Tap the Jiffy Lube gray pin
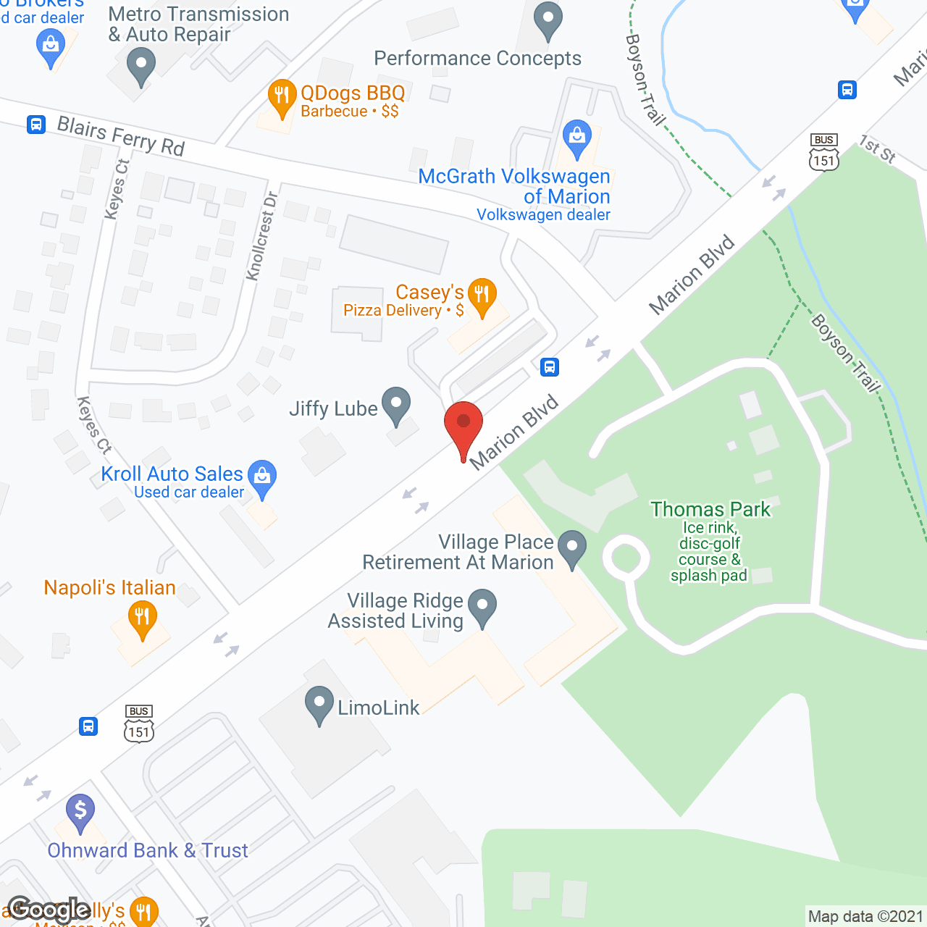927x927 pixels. (x=395, y=405)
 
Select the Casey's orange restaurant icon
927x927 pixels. (x=482, y=296)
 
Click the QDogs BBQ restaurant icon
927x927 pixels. (x=282, y=96)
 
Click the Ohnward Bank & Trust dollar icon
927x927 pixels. (x=80, y=811)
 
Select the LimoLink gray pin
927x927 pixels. (x=319, y=704)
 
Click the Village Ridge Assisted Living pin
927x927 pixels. (x=482, y=607)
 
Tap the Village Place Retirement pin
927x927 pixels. (x=572, y=548)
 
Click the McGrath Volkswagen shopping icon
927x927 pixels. (x=576, y=138)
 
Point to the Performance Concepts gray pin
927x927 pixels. (x=548, y=20)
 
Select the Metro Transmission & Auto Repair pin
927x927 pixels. (x=141, y=65)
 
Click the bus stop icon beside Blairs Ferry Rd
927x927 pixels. (x=36, y=125)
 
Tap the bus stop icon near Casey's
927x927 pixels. (x=550, y=367)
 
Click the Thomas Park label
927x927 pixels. (x=710, y=510)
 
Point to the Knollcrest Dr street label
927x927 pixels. (x=261, y=236)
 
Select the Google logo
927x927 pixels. (x=49, y=910)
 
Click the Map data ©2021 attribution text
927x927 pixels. (x=865, y=917)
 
